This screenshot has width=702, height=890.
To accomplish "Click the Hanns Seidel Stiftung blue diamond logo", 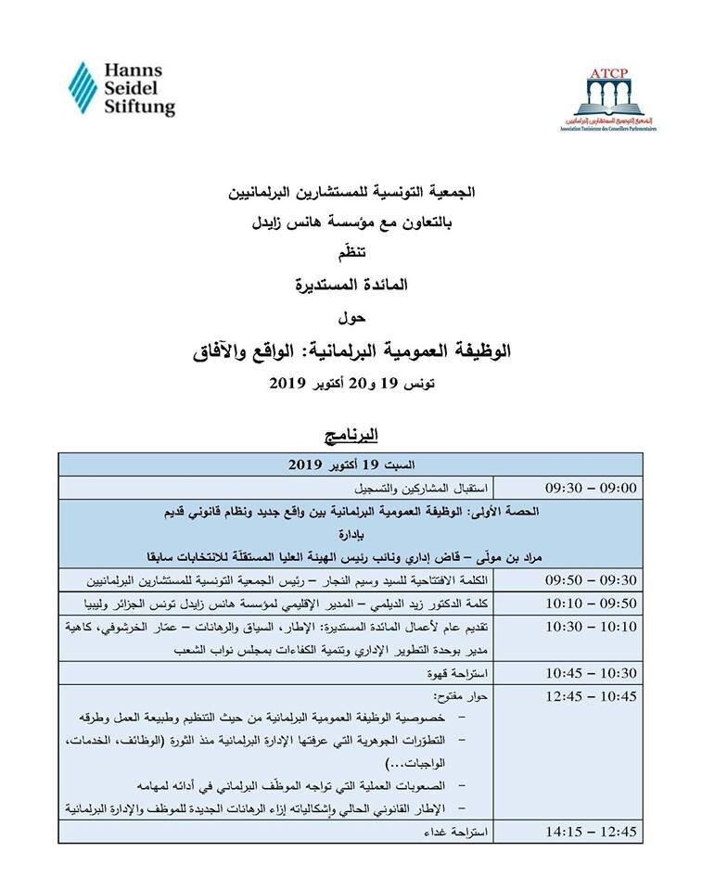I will point(83,90).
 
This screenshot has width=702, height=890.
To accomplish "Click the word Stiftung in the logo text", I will point(139,108).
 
